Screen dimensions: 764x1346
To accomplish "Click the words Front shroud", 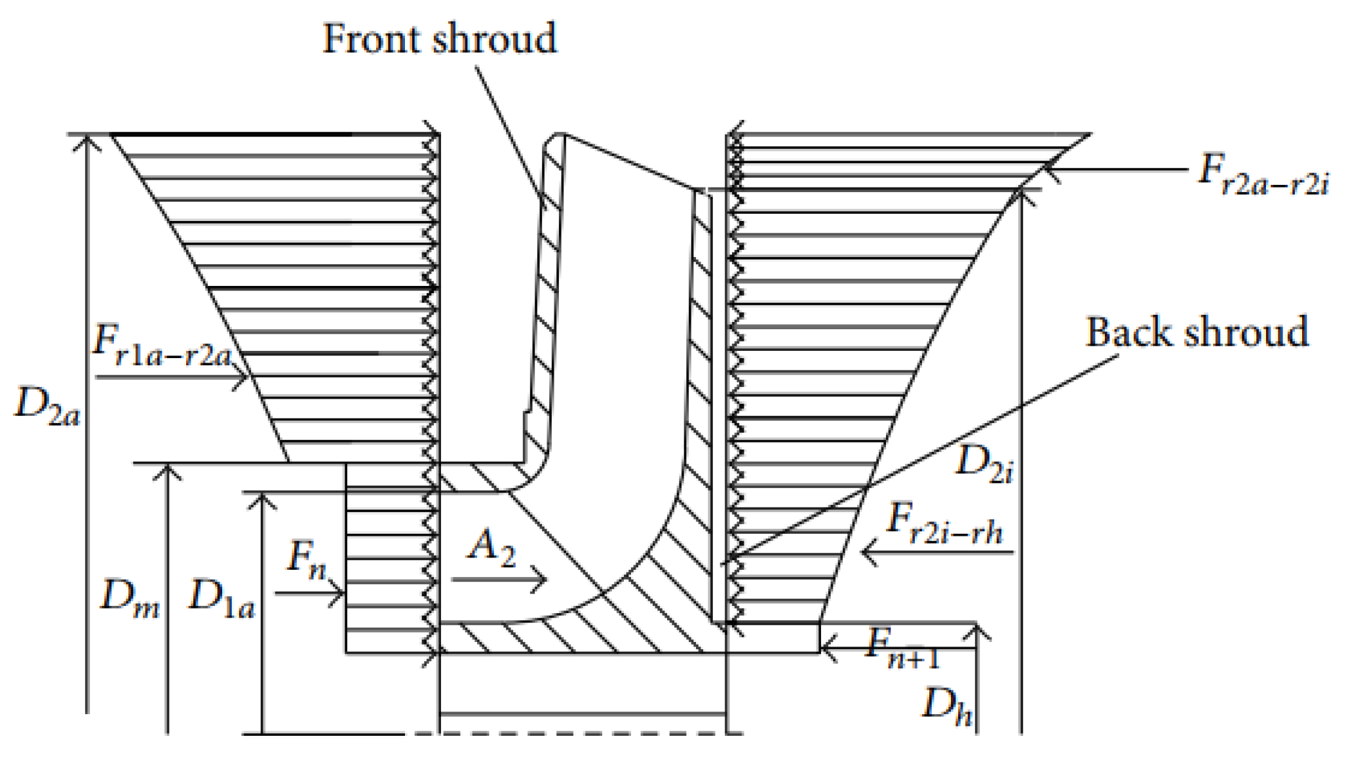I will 440,39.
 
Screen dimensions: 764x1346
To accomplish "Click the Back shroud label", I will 1197,332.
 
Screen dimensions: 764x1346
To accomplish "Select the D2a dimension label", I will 47,407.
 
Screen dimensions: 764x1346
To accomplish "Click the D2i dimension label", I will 984,464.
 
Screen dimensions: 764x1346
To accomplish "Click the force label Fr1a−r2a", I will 163,344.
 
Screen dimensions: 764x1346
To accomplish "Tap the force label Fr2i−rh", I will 944,525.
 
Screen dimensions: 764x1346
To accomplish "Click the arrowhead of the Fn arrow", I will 339,594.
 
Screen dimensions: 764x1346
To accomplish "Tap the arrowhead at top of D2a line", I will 87,139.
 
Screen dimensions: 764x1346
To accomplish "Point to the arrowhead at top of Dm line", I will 167,469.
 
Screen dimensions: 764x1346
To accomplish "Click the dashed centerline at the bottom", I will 577,733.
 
